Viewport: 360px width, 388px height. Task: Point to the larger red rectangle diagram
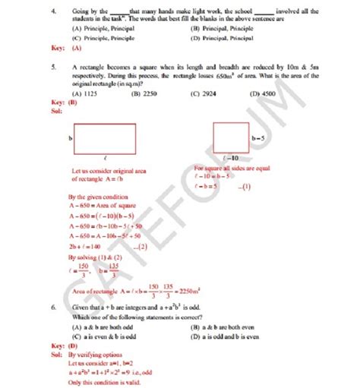(x=105, y=139)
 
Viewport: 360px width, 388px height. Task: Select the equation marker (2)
(x=141, y=247)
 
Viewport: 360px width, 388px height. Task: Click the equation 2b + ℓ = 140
(x=84, y=247)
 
